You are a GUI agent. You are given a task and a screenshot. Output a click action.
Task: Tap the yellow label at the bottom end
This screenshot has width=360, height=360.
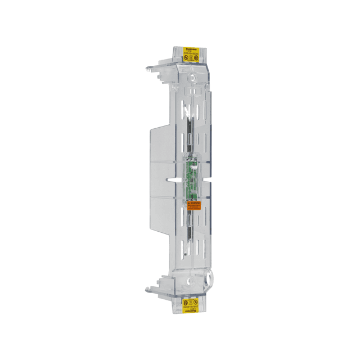(x=192, y=305)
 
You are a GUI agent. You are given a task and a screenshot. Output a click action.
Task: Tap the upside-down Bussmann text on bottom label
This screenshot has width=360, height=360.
(x=191, y=312)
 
